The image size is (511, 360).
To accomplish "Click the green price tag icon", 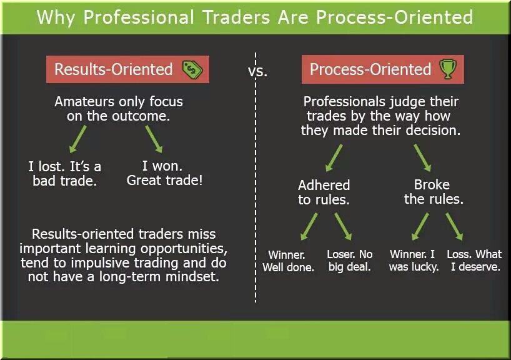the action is [192, 69].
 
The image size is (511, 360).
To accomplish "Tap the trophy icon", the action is [448, 69].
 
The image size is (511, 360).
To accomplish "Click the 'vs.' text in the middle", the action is [257, 71].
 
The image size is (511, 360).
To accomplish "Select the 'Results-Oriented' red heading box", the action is [127, 69].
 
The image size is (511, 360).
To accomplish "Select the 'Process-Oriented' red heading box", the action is [382, 69].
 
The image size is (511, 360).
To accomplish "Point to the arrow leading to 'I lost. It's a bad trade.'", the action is [78, 139].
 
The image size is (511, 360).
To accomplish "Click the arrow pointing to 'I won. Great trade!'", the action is [154, 139].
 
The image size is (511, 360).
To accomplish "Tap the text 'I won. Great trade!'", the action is [164, 173].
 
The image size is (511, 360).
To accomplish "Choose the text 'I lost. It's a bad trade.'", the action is [64, 174].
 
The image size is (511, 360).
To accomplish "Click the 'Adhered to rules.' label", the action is [324, 192].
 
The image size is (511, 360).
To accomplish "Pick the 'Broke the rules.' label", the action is [434, 192].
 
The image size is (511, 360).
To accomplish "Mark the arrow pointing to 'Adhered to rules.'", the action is [334, 158].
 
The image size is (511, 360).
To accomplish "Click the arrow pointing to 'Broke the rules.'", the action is [423, 158].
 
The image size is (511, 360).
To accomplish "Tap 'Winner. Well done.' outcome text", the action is [288, 261].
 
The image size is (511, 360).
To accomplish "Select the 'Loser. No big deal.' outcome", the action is [349, 261].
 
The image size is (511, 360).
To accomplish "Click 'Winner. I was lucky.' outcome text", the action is [414, 261].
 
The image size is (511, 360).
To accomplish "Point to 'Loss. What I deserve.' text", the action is [475, 261].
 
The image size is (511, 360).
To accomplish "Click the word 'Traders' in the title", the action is [237, 17].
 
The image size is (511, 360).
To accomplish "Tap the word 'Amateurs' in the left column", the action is [84, 102].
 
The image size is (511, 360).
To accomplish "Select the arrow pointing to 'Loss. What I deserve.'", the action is [454, 227].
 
